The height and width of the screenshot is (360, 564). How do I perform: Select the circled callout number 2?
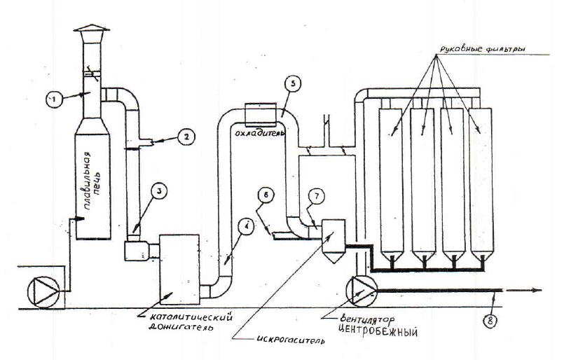[x=186, y=137]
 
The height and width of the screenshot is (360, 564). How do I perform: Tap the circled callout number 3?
[x=160, y=192]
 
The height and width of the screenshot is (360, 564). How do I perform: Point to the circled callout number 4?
[x=246, y=228]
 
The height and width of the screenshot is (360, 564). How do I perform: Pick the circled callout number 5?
[x=292, y=84]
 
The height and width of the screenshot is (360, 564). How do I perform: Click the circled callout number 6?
[x=266, y=196]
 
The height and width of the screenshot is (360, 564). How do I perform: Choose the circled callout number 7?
[x=316, y=196]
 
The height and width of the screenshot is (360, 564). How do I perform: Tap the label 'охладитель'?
[x=260, y=132]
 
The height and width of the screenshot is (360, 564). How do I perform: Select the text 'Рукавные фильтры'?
[x=482, y=48]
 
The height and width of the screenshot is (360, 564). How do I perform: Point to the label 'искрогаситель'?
[x=291, y=339]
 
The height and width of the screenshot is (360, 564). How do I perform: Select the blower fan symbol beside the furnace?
[x=43, y=292]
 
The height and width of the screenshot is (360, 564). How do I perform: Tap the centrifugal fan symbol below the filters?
[x=362, y=291]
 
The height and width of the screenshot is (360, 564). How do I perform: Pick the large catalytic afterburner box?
[x=179, y=269]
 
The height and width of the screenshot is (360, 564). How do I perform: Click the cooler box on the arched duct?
[x=261, y=114]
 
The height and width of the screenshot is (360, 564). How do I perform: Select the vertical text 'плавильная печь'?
[x=91, y=181]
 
